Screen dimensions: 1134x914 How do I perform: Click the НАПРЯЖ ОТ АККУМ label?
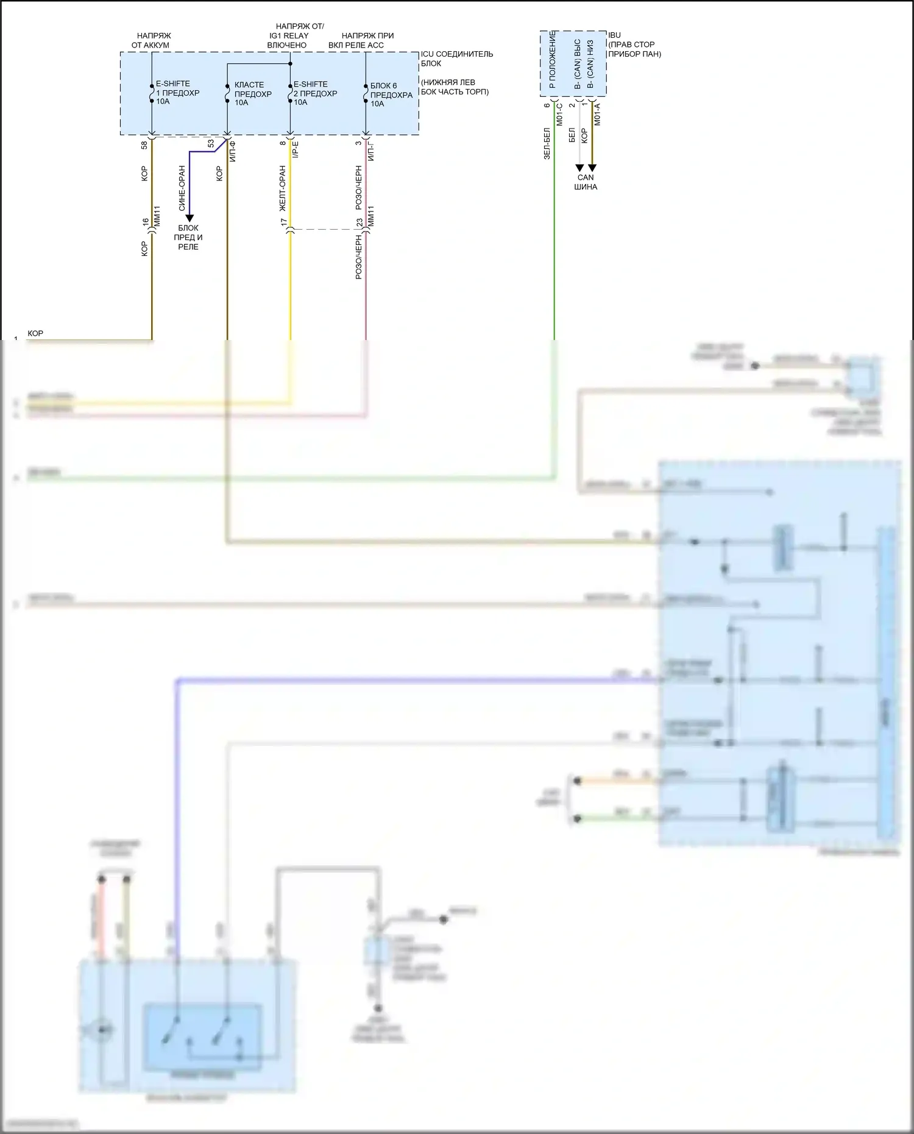click(151, 41)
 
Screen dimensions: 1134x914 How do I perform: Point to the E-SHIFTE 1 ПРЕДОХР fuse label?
click(177, 93)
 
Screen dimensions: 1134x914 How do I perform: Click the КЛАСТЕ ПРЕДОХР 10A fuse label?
click(252, 94)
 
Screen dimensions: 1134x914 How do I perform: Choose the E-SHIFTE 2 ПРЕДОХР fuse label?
click(314, 93)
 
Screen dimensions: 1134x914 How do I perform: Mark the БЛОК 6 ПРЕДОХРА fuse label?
click(391, 94)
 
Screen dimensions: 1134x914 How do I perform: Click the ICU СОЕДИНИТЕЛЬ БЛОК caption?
click(456, 58)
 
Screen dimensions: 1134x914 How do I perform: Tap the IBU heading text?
click(614, 35)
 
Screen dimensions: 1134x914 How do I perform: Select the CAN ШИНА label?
click(586, 182)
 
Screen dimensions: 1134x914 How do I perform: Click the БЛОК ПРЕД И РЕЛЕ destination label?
click(189, 237)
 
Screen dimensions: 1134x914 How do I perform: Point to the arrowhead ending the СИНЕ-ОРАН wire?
click(190, 218)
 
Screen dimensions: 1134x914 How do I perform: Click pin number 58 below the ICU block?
click(144, 145)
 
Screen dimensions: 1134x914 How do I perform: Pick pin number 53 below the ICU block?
click(211, 144)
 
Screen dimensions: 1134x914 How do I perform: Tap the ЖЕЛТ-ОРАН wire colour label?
click(283, 188)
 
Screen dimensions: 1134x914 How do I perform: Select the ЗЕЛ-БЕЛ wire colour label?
click(547, 143)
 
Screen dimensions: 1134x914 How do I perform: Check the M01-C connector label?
click(560, 114)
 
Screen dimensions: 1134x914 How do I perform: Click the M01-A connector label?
click(598, 114)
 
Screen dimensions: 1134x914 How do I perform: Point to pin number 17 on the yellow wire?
click(283, 223)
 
